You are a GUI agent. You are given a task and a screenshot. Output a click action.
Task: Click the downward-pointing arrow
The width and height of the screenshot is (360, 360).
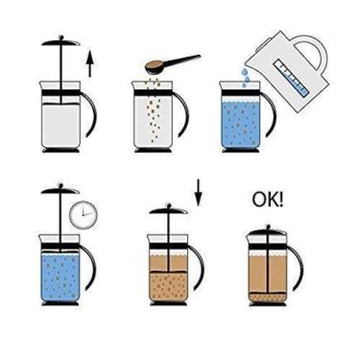tap(199, 192)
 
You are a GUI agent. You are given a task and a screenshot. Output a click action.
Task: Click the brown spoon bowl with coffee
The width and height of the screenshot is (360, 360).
tap(153, 68)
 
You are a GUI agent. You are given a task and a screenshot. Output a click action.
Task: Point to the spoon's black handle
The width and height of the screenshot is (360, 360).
tap(183, 60)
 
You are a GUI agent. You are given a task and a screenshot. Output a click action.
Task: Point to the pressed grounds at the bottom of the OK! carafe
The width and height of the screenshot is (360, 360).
tap(268, 301)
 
